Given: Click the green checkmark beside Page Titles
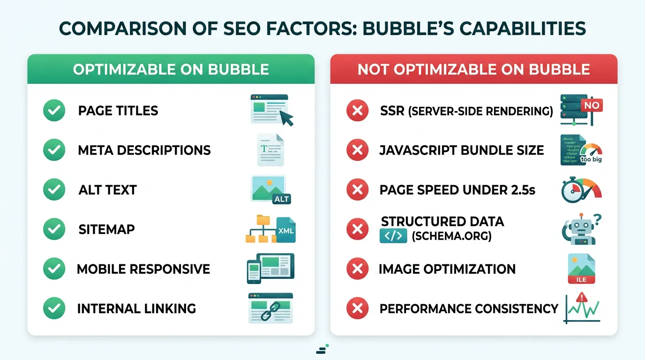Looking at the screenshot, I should click(x=54, y=111).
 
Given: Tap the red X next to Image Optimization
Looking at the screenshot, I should click(x=357, y=269).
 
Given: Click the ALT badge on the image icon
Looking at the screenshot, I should click(x=281, y=199).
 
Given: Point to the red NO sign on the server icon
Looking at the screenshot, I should click(x=591, y=105).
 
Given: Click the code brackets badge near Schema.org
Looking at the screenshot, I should click(x=392, y=236).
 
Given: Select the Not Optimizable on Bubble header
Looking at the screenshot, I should click(x=473, y=69).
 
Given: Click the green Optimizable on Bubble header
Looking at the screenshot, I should click(x=171, y=69).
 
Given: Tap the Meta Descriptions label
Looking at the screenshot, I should click(x=144, y=150).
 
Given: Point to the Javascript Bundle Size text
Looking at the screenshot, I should click(x=462, y=150).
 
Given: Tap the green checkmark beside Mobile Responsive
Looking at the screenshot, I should click(x=54, y=269).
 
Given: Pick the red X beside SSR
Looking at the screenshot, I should click(x=357, y=111).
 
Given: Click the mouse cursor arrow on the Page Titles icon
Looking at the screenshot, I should click(x=286, y=118).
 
